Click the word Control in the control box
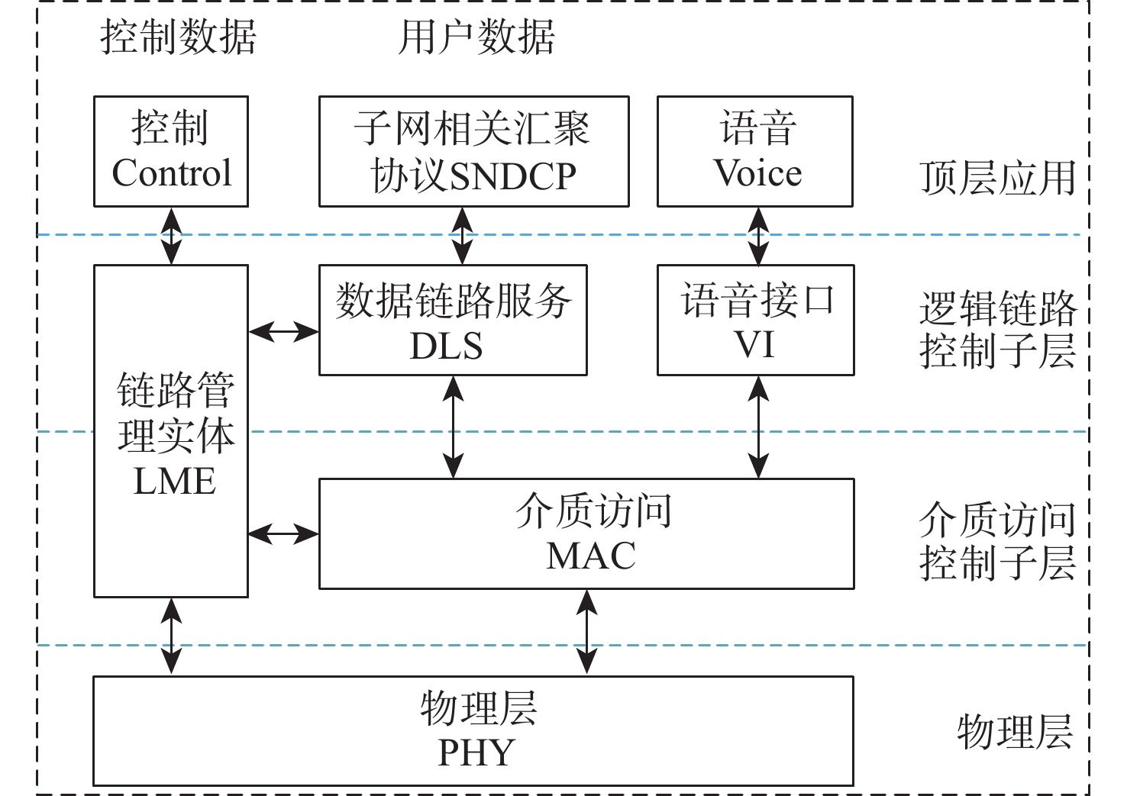click(172, 173)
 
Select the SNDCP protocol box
click(473, 151)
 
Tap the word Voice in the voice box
click(757, 173)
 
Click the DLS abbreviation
click(447, 346)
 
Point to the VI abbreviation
click(754, 345)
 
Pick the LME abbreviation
click(174, 482)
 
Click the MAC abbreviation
click(591, 556)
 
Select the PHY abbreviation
click(476, 753)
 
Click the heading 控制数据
click(179, 37)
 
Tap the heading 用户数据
click(476, 37)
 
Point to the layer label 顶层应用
click(997, 179)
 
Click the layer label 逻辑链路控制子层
click(997, 330)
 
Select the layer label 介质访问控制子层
click(997, 542)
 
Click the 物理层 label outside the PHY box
click(1015, 731)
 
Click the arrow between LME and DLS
click(283, 331)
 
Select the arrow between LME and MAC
click(283, 533)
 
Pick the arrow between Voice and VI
click(757, 236)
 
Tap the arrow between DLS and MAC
click(454, 427)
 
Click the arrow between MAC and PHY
click(586, 632)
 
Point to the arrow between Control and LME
click(172, 236)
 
